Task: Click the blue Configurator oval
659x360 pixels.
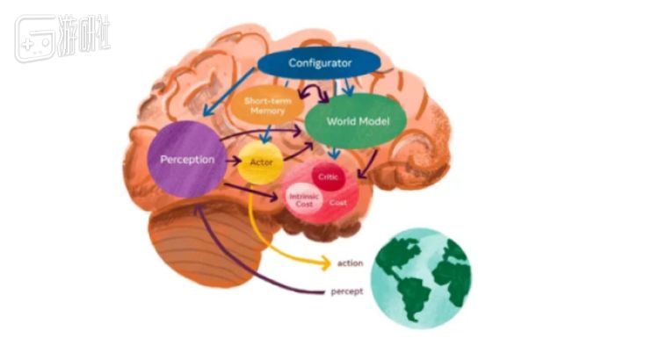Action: point(320,62)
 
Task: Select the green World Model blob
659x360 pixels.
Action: point(358,120)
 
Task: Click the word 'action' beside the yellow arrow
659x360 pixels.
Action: point(350,263)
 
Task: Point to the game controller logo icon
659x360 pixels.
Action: point(34,39)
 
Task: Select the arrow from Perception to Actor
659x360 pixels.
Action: point(230,162)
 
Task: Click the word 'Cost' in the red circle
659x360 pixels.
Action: point(337,202)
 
